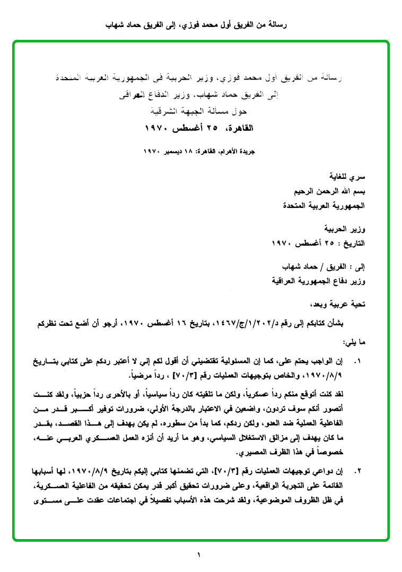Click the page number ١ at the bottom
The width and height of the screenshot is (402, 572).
tap(199, 555)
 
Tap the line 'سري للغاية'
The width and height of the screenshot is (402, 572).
tap(346, 176)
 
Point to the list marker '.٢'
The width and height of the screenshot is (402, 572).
tap(357, 471)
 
